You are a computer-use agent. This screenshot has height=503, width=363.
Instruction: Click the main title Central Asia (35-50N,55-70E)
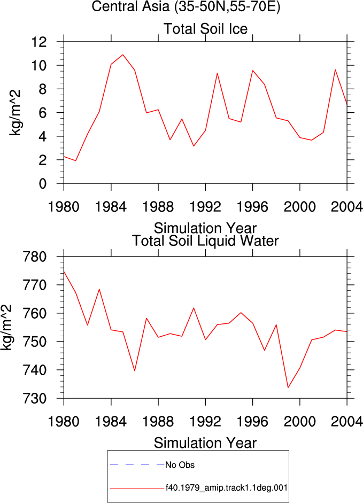(x=186, y=6)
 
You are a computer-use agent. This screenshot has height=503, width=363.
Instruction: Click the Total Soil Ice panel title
(x=205, y=29)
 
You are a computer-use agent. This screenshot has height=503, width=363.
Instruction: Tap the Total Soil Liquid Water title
(x=205, y=241)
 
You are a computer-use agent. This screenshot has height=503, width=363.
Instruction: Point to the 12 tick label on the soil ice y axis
(x=39, y=42)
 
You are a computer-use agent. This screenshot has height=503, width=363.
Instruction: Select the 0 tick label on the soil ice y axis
(x=43, y=184)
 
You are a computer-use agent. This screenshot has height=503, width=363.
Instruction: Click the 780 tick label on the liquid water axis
(x=35, y=257)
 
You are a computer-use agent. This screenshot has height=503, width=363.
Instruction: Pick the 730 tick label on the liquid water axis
(x=35, y=398)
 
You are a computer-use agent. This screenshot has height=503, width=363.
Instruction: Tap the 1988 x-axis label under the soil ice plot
(x=158, y=207)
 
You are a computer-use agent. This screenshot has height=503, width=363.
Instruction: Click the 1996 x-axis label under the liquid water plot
(x=252, y=421)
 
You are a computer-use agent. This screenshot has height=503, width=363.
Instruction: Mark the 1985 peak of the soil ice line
(x=123, y=55)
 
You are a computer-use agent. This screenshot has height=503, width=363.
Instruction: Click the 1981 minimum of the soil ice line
(x=75, y=160)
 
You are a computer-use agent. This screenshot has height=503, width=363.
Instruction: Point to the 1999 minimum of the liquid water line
(x=288, y=388)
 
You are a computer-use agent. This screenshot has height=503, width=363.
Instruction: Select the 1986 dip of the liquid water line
(x=135, y=370)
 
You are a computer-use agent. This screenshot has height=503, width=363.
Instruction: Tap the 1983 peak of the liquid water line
(x=99, y=289)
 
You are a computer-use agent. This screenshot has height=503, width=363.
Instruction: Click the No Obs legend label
(x=180, y=465)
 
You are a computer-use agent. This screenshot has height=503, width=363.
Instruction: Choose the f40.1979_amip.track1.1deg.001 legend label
(x=226, y=488)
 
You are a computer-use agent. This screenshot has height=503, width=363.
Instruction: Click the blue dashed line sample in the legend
(x=137, y=465)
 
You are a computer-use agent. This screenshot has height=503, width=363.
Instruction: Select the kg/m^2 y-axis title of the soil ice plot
(x=15, y=113)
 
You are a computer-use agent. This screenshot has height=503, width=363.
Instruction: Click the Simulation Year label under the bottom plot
(x=205, y=443)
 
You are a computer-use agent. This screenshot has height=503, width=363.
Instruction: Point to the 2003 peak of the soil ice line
(x=335, y=69)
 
